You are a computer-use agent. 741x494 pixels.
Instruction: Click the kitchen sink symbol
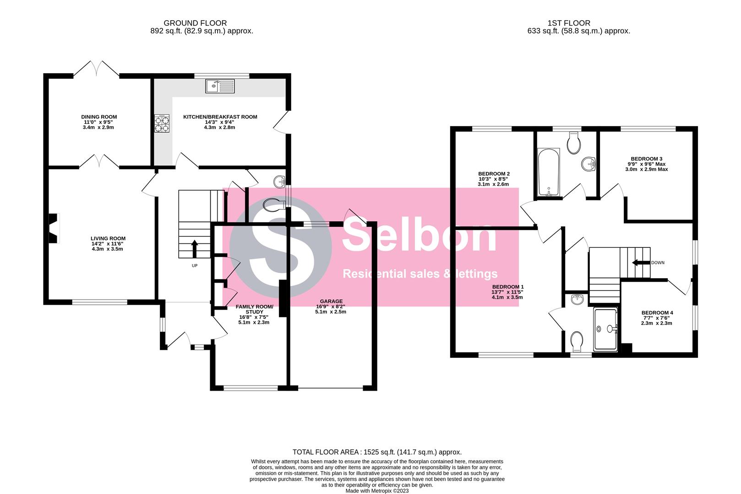click(220, 86)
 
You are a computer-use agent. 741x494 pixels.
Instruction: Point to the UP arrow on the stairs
click(194, 249)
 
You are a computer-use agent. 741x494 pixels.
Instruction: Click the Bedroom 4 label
click(657, 313)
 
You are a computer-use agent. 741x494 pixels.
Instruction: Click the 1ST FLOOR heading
click(569, 23)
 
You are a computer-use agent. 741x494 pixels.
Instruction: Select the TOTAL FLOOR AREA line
click(377, 452)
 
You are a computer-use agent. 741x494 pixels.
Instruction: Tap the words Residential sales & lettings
click(420, 274)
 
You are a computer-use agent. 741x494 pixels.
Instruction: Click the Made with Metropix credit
click(377, 491)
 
